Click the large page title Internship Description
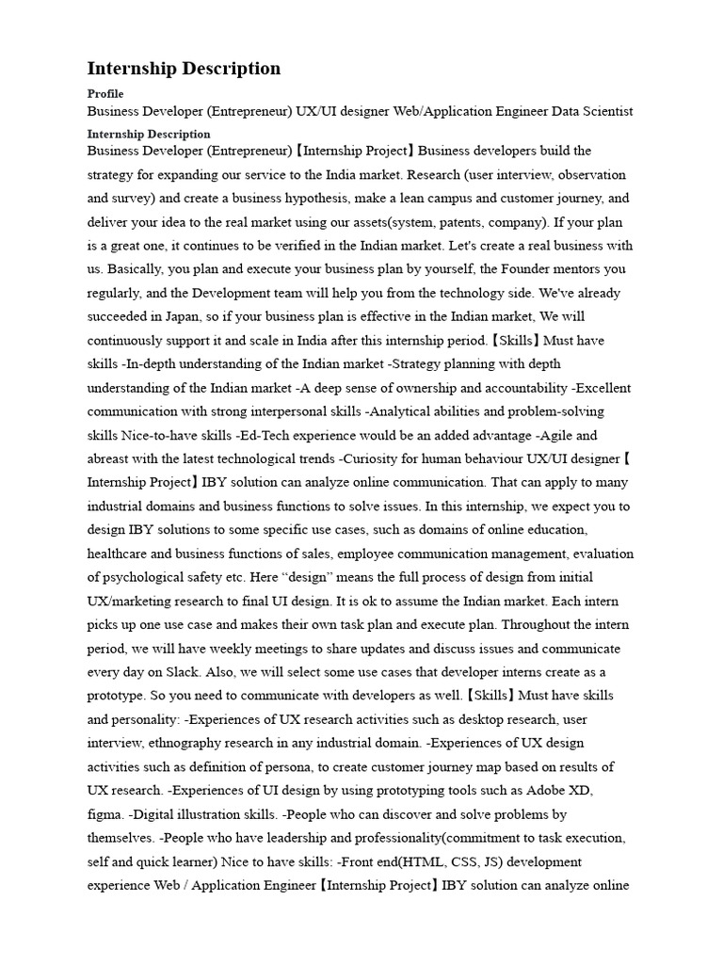(184, 69)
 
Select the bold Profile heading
(105, 94)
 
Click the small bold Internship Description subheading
(149, 134)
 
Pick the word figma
(104, 814)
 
